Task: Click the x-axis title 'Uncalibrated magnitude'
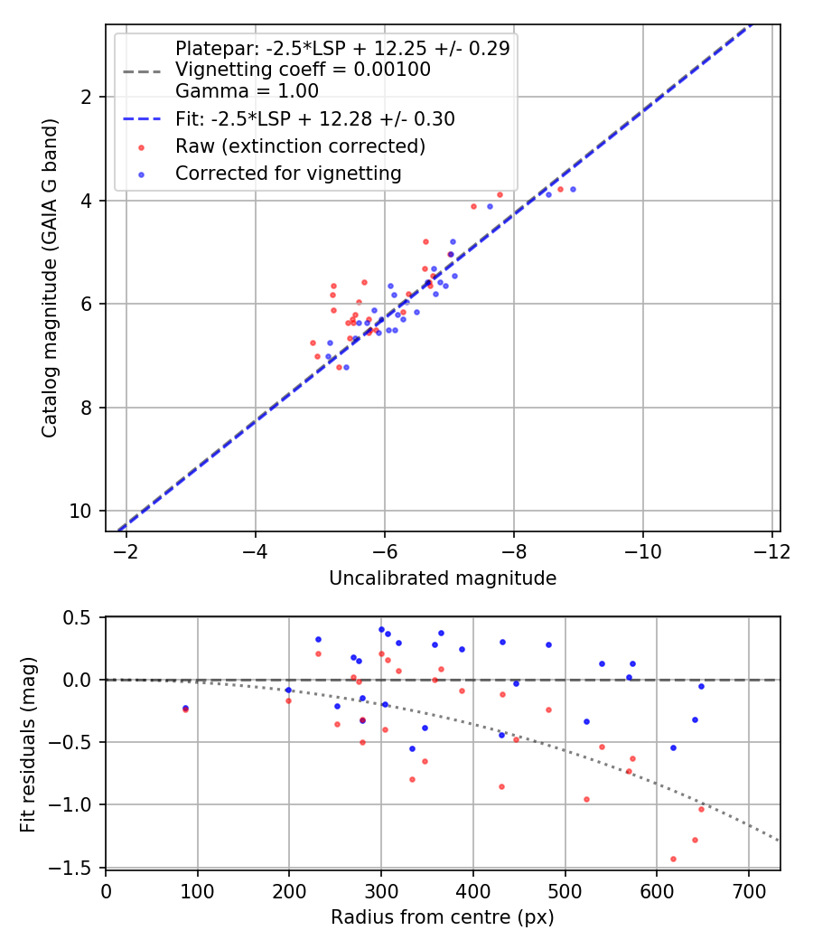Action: click(442, 578)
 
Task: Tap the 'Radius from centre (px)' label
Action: click(442, 917)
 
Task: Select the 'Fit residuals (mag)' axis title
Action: click(28, 743)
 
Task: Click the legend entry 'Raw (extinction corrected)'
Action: click(300, 146)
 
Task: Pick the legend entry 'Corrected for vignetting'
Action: click(288, 173)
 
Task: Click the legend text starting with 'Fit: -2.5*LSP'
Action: click(314, 118)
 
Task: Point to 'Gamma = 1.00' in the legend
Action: click(247, 90)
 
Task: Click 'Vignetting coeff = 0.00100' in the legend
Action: click(303, 70)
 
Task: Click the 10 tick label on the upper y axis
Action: click(83, 512)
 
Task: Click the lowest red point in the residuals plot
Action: click(673, 859)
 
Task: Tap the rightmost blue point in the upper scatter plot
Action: click(573, 189)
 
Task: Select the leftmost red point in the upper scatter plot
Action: click(313, 343)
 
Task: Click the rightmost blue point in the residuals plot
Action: click(701, 686)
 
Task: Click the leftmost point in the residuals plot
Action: click(185, 709)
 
